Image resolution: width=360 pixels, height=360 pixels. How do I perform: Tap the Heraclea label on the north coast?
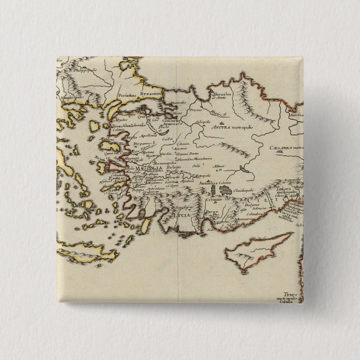(222, 95)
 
